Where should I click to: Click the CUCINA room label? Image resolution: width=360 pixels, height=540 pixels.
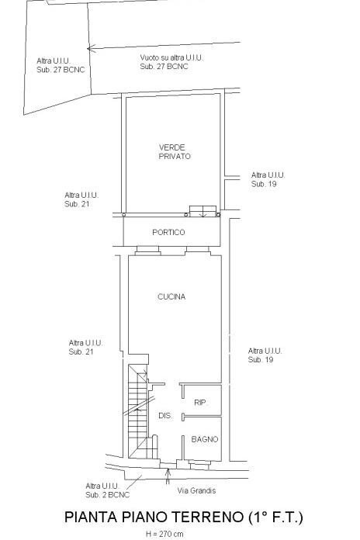171,296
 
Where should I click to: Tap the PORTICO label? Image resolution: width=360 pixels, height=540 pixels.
168,232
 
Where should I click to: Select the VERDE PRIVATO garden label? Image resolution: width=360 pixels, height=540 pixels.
175,152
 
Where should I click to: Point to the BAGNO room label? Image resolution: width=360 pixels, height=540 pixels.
205,439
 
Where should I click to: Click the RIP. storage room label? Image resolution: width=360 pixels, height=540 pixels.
201,402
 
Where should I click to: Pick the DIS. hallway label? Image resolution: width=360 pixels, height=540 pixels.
165,416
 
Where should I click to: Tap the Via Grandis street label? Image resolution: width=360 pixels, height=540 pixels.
197,490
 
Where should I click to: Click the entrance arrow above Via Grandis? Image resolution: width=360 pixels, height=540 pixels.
168,476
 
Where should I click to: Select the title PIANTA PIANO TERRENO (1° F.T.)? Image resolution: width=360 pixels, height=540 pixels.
184,517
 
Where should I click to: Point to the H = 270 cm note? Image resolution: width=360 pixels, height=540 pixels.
164,534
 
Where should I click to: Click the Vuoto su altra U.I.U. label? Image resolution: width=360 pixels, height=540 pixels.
171,58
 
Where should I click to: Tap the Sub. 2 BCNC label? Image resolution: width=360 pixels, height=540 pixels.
108,495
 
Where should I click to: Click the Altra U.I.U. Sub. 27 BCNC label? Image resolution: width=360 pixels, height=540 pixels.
61,65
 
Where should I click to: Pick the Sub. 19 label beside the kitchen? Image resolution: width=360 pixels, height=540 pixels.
261,359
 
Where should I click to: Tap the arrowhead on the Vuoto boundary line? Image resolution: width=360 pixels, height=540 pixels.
89,49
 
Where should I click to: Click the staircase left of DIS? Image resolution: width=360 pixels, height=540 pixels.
138,411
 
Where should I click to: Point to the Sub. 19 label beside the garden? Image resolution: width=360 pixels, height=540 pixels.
264,184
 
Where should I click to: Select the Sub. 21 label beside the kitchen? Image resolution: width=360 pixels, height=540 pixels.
81,351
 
